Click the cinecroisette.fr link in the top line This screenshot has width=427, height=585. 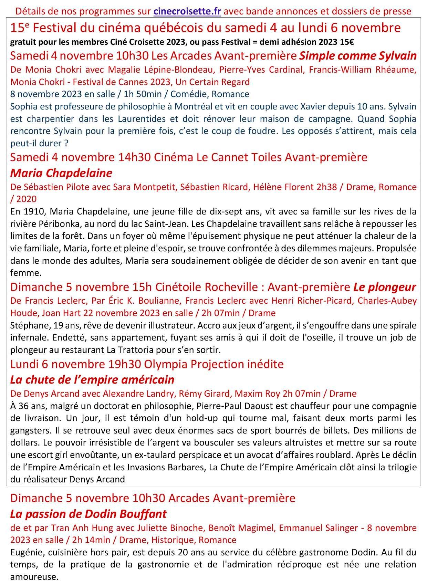(x=187, y=11)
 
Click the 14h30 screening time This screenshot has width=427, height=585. (x=134, y=157)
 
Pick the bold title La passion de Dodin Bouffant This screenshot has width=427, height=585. (x=88, y=514)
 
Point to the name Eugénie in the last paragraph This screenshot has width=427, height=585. (x=27, y=553)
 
